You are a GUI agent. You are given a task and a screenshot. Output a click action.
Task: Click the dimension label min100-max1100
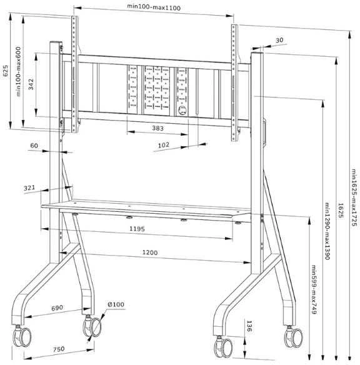point(154,7)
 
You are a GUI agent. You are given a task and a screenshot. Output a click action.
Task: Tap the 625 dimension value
point(6,71)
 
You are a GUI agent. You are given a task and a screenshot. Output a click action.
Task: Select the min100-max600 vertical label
point(18,71)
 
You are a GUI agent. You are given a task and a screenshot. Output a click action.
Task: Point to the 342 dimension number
point(31,84)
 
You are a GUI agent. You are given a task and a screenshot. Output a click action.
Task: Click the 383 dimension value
point(157,128)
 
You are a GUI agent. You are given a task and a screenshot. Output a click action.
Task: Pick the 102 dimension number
point(164,145)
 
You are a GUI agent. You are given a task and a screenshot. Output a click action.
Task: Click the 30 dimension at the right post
point(279,40)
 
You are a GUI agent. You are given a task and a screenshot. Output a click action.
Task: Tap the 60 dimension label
point(34,146)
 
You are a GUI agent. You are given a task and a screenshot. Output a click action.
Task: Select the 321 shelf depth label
point(29,188)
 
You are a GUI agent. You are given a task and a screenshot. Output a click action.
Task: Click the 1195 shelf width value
point(137,229)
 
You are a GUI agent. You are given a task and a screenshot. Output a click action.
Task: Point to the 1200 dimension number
point(150,252)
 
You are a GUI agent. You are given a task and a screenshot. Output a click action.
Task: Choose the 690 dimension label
point(57,307)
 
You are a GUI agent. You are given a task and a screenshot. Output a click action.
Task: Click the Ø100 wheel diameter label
point(116,304)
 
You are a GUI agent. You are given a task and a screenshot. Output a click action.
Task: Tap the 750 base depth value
point(59,349)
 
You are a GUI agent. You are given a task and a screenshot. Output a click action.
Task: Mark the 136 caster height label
point(249,326)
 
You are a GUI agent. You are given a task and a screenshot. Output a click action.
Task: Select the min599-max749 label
point(314,289)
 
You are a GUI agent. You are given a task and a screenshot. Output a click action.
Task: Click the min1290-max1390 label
point(327,231)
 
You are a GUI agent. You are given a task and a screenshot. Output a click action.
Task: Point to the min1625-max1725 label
point(354,197)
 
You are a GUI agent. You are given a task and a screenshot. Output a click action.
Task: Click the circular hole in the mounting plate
point(182,110)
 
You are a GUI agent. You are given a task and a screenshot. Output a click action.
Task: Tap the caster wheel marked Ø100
point(96,327)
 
